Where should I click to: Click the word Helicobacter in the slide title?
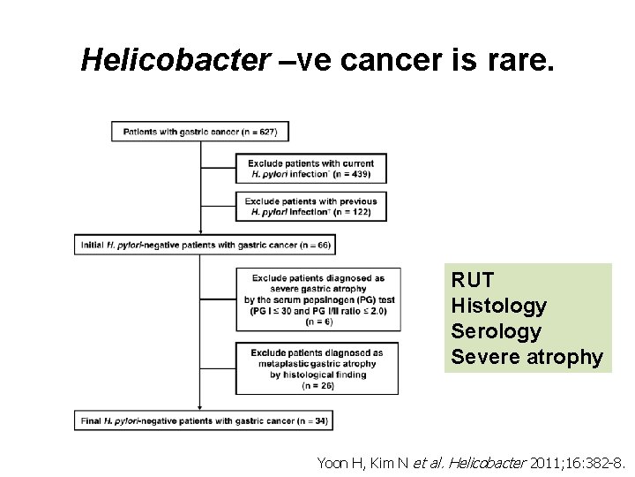point(174,59)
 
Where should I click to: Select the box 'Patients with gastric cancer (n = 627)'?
point(200,132)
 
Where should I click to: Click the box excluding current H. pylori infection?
point(311,169)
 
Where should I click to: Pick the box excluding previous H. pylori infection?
point(311,207)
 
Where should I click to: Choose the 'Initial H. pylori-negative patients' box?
point(205,244)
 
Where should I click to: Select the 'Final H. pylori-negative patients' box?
point(203,420)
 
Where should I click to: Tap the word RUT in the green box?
point(473,280)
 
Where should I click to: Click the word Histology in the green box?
point(498,306)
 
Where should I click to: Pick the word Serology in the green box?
point(496,331)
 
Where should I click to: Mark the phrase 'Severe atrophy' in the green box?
point(527,357)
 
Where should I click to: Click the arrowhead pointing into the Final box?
point(201,407)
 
